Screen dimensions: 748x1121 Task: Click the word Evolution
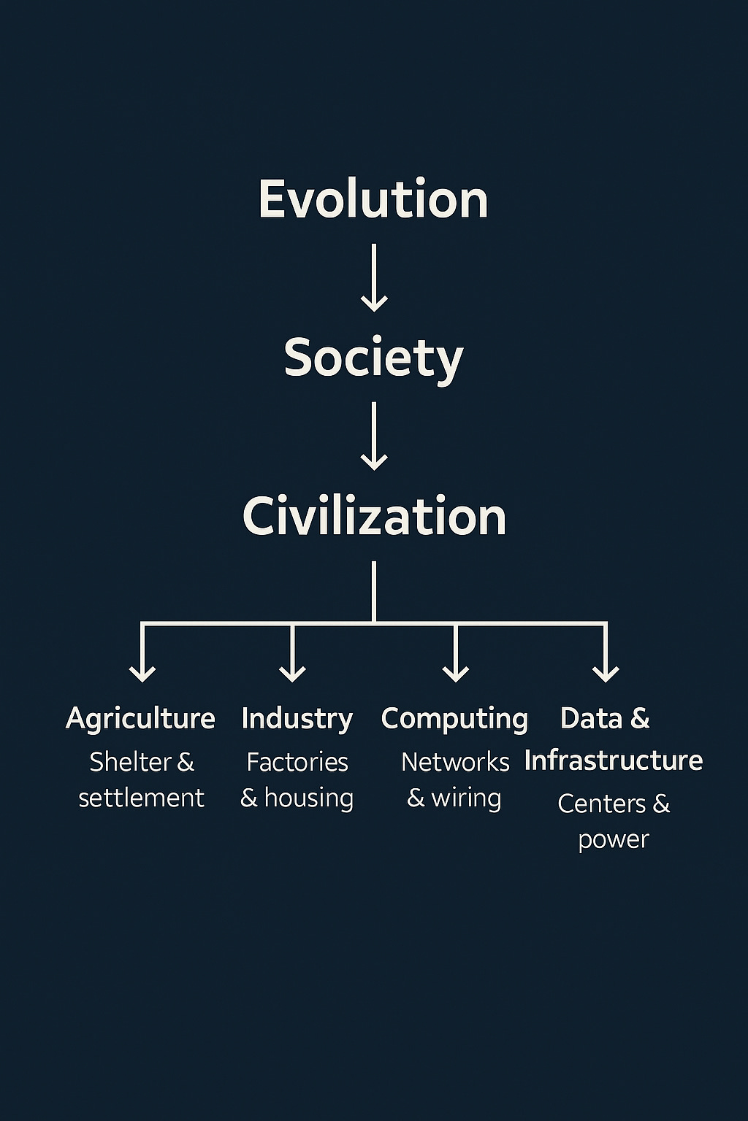click(x=373, y=199)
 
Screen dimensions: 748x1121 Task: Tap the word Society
click(x=373, y=358)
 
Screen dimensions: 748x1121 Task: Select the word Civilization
click(x=374, y=516)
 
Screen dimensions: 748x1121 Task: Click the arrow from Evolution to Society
click(x=374, y=277)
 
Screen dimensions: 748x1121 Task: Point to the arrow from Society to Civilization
click(x=374, y=436)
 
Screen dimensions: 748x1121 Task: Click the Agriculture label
click(x=140, y=719)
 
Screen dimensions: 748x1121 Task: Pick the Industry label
click(x=297, y=719)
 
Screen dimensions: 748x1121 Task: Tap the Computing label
click(x=454, y=719)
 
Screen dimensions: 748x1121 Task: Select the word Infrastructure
click(x=614, y=760)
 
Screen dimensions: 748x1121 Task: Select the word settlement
click(x=141, y=798)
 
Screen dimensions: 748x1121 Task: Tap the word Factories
click(x=297, y=762)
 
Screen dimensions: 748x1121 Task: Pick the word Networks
click(x=455, y=762)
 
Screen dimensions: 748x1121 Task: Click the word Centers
click(x=602, y=804)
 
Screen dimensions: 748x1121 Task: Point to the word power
click(x=614, y=840)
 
